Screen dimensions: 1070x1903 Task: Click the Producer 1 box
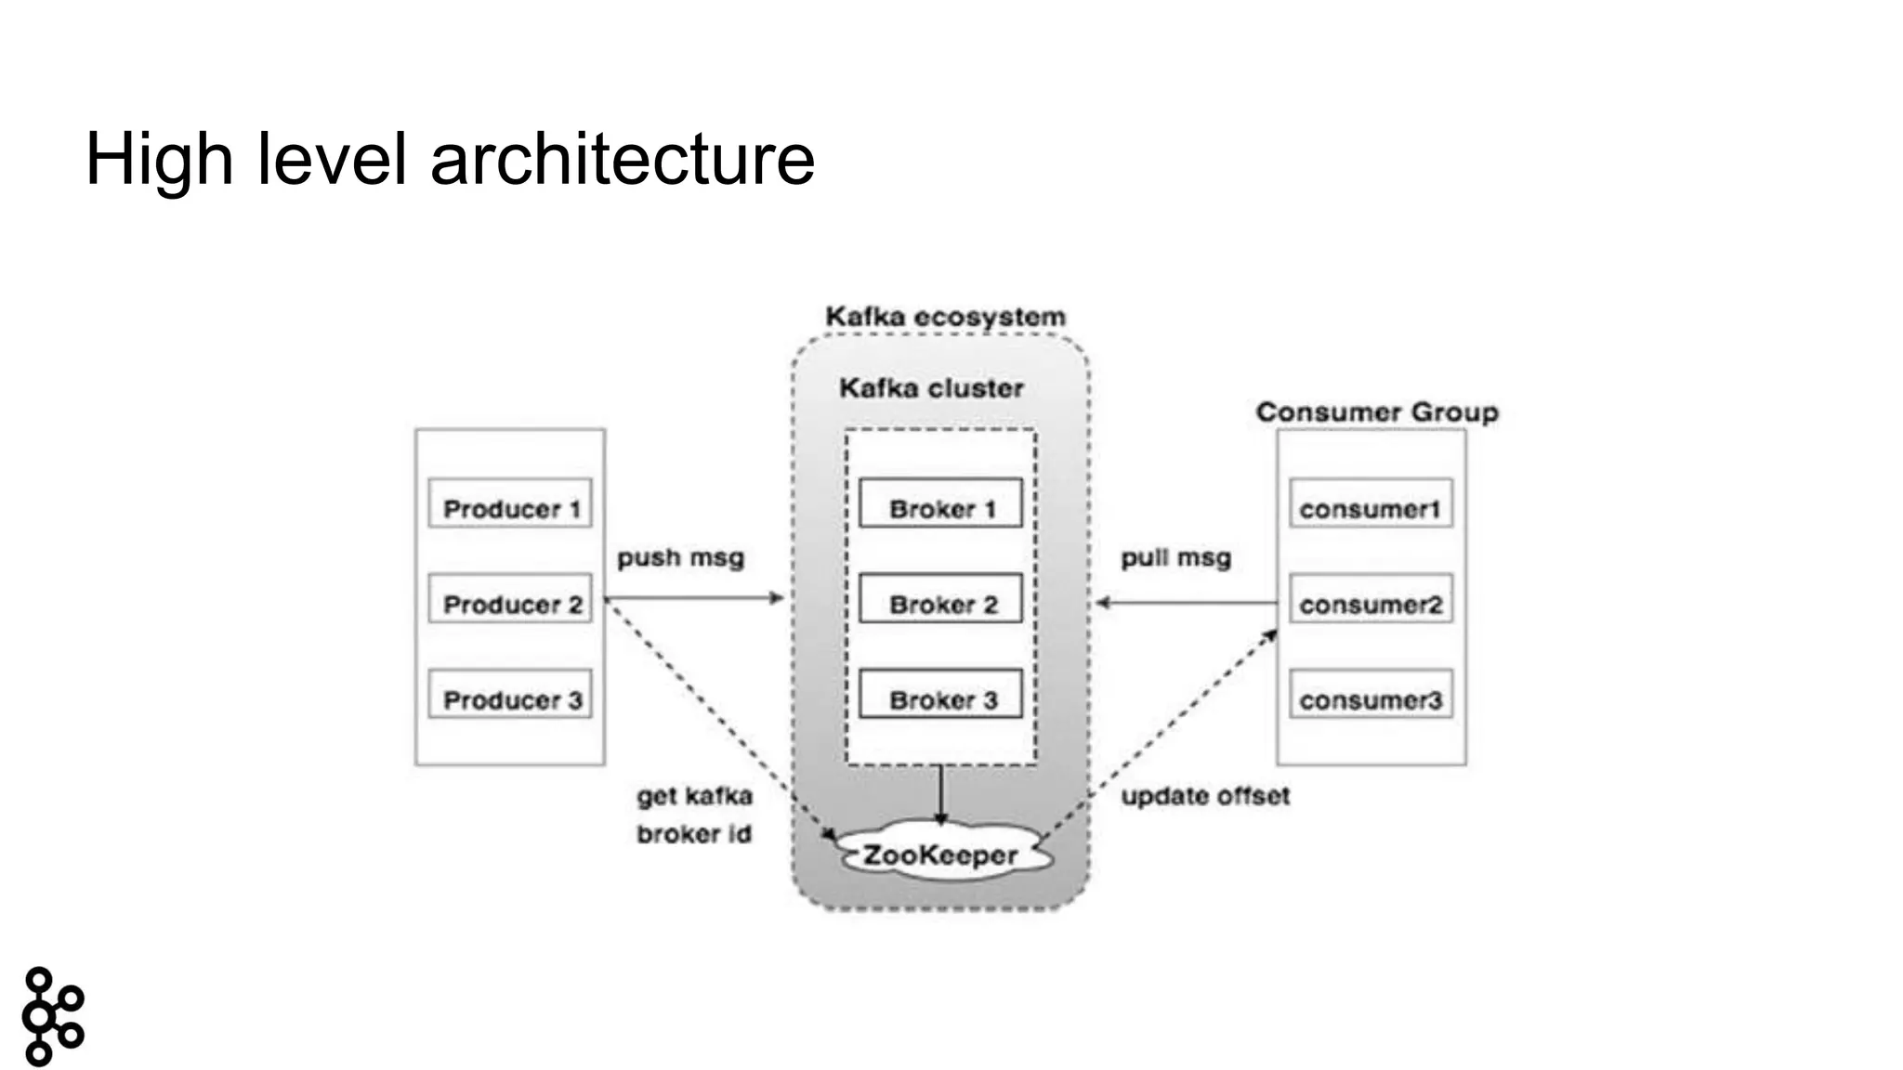click(x=509, y=503)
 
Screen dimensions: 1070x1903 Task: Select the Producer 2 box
click(x=509, y=599)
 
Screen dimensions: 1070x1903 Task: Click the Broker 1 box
click(x=940, y=503)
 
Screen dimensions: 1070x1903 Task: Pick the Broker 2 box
click(x=940, y=599)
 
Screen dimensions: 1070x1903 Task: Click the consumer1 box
click(x=1371, y=503)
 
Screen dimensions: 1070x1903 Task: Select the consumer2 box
click(x=1371, y=599)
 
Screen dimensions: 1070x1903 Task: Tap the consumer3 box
click(x=1371, y=695)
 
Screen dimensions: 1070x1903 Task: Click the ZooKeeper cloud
click(x=940, y=852)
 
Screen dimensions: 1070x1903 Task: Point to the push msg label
click(x=680, y=557)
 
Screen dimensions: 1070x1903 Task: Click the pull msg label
click(x=1175, y=557)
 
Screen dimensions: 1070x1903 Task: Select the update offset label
click(x=1205, y=795)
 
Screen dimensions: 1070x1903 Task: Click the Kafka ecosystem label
click(x=945, y=317)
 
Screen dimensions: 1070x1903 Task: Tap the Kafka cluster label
click(x=931, y=387)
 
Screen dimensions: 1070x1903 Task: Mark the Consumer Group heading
click(x=1377, y=411)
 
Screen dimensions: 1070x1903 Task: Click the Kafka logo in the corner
click(x=52, y=1016)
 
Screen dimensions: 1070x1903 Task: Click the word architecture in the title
click(x=623, y=159)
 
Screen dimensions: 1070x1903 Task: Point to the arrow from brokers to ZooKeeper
click(x=940, y=794)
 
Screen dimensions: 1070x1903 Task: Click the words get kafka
click(x=694, y=796)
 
